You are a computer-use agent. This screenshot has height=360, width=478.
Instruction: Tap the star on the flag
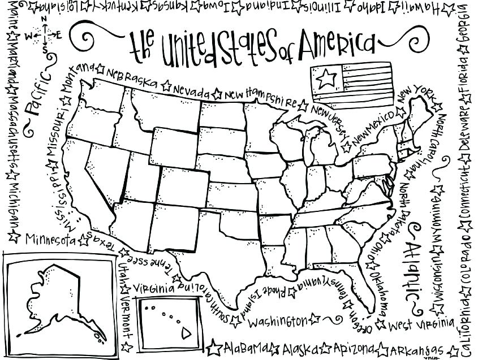[325, 77]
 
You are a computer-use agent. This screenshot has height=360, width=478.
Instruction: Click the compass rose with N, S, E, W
[44, 35]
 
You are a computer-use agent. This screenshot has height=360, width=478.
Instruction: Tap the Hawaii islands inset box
[167, 322]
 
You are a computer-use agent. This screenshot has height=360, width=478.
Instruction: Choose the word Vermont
[125, 311]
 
